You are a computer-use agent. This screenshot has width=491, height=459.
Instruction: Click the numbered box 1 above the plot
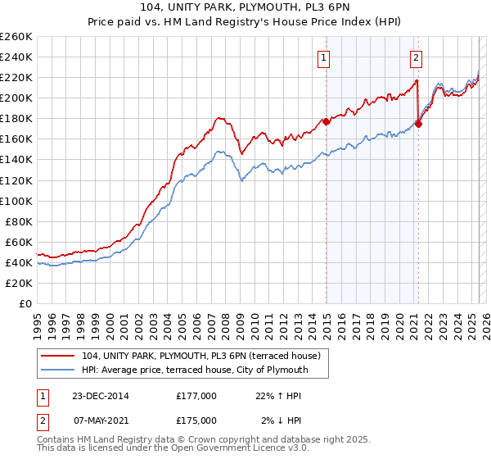[x=325, y=57]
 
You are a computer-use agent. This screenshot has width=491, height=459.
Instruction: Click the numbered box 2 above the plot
[x=417, y=57]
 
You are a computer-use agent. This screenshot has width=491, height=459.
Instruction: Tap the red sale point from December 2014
[x=326, y=121]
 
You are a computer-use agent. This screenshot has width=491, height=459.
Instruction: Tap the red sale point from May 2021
[x=418, y=124]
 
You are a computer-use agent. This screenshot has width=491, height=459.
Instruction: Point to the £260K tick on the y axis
[x=16, y=37]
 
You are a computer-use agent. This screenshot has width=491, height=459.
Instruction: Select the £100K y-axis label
[x=16, y=201]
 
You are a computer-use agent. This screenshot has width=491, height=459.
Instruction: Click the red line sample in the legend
[x=60, y=355]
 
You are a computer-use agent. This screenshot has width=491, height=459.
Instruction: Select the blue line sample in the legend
[x=60, y=370]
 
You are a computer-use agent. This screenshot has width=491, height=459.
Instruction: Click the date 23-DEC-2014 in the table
[x=93, y=395]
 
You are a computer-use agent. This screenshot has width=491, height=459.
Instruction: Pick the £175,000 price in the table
[x=196, y=420]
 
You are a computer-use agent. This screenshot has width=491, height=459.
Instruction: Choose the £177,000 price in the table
[x=196, y=395]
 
